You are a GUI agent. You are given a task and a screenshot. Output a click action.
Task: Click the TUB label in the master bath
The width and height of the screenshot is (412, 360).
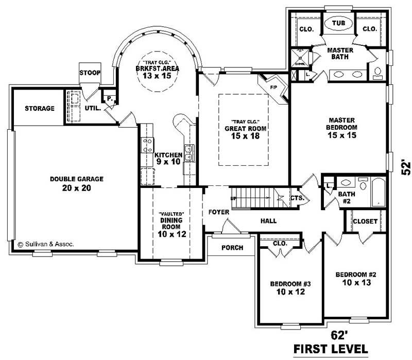[338, 24]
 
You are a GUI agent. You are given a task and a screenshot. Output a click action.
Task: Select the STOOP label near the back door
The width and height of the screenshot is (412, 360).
[90, 73]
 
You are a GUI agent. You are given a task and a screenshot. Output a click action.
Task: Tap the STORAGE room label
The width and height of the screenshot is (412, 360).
[40, 109]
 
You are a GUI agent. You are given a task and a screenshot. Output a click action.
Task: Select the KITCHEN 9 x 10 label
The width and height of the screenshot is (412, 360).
[168, 158]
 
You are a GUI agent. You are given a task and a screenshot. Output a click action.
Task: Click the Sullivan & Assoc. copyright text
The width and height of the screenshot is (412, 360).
[46, 245]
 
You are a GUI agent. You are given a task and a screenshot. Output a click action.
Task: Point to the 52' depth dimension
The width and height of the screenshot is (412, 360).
[406, 168]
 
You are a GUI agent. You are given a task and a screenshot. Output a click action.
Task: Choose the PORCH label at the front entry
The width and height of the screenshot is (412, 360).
[232, 248]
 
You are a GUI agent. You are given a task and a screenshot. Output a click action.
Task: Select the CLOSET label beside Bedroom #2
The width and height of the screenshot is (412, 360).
[365, 221]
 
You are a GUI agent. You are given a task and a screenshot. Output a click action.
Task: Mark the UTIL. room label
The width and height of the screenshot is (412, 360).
[93, 109]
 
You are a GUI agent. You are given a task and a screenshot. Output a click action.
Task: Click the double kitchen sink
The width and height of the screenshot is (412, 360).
[189, 153]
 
